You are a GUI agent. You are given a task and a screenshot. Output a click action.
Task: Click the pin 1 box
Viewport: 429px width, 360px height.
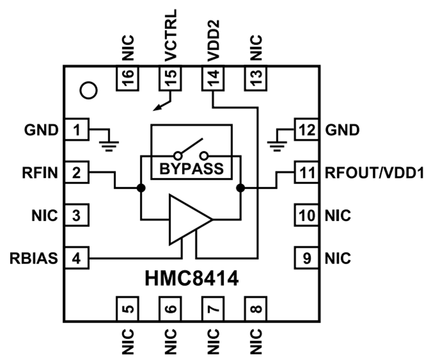click(x=77, y=129)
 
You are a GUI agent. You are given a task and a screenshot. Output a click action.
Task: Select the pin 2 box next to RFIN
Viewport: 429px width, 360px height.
click(x=77, y=173)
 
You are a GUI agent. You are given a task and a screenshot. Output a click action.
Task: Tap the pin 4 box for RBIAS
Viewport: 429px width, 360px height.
click(x=77, y=259)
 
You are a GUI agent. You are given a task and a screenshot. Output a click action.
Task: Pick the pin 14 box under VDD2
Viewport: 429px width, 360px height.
click(x=213, y=79)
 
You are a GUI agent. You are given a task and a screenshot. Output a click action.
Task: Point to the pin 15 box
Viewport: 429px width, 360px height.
click(x=171, y=79)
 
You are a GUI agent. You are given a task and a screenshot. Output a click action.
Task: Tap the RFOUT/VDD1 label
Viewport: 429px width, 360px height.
click(x=375, y=173)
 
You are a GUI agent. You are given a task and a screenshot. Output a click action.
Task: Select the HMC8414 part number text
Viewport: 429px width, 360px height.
click(x=191, y=279)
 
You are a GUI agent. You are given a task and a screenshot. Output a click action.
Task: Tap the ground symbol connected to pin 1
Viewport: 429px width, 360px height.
click(x=109, y=141)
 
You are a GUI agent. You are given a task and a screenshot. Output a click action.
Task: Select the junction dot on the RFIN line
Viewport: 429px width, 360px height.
click(x=141, y=188)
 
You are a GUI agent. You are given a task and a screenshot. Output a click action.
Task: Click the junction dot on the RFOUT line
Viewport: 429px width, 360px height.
click(x=240, y=188)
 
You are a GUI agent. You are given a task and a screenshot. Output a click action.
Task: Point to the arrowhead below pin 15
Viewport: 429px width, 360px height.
click(x=157, y=108)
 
